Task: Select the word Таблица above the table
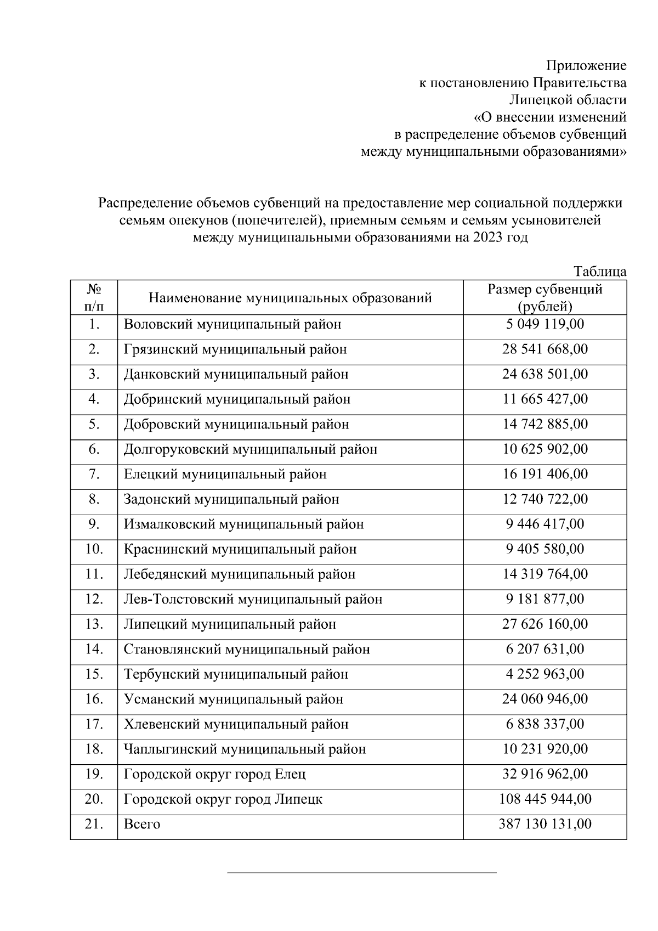(599, 272)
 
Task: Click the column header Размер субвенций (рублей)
(544, 297)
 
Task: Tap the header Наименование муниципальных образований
(290, 298)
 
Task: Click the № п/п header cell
(94, 297)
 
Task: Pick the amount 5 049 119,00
(544, 324)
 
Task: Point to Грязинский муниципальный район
(235, 349)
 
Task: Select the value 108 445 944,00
(544, 799)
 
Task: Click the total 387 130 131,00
(544, 824)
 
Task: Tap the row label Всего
(142, 824)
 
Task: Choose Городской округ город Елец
(215, 774)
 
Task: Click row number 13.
(94, 624)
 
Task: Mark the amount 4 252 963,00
(544, 674)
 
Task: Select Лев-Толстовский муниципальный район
(253, 599)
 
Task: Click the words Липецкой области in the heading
(567, 100)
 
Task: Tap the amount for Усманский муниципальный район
(544, 699)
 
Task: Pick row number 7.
(94, 474)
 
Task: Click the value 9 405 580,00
(544, 549)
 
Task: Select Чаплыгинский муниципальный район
(245, 749)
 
